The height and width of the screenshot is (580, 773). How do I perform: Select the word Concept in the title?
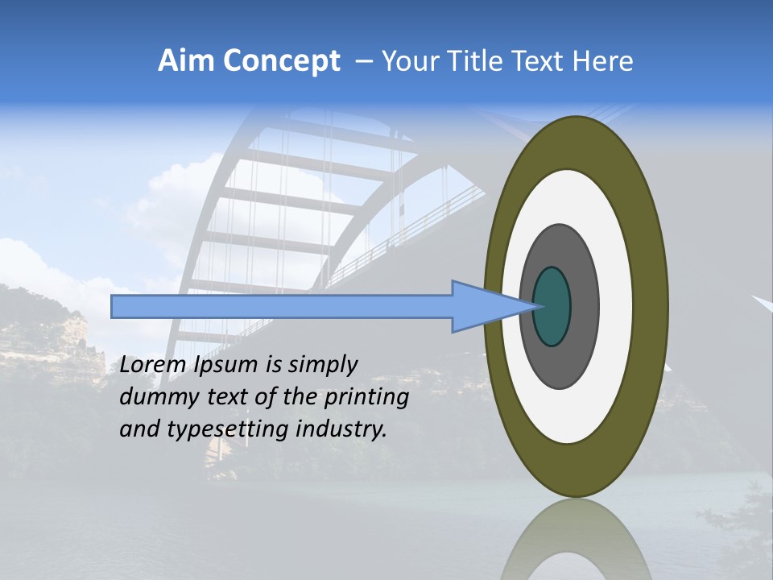point(281,61)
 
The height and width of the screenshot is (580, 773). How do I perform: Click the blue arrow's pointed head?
point(483,306)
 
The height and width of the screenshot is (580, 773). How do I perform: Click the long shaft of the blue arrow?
point(282,306)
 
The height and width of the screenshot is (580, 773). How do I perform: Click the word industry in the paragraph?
point(341,429)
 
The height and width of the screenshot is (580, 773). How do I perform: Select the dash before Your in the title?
point(363,61)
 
